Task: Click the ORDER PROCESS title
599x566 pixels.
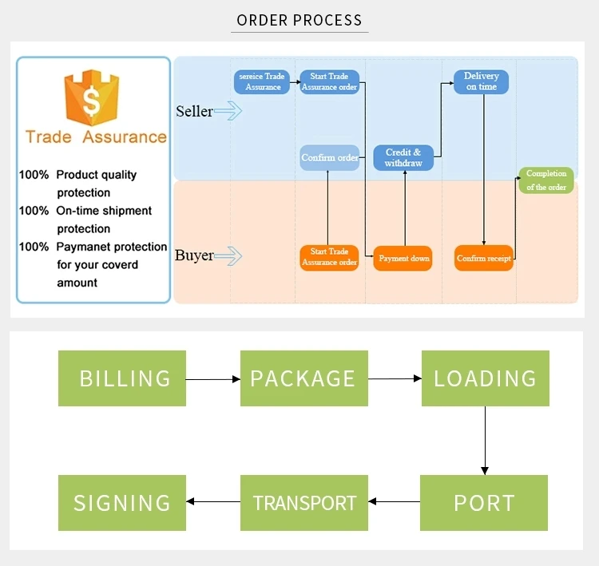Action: pos(299,21)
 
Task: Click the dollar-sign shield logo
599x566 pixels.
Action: pos(92,100)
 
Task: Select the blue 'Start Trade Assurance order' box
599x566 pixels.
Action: pos(329,81)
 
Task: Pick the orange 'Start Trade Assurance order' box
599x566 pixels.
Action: pos(329,257)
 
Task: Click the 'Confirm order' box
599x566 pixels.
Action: pos(329,158)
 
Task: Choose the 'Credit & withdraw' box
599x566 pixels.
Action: pos(403,158)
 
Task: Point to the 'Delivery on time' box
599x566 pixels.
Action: pos(482,81)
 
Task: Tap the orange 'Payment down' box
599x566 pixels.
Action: pos(403,259)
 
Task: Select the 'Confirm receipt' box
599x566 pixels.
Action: pos(484,259)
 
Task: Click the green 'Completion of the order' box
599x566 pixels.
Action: pos(546,180)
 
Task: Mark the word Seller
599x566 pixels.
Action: pos(194,112)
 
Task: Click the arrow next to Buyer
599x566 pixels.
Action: pos(228,256)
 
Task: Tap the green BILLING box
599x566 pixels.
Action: pos(122,378)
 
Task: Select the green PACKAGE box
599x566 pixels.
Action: pos(304,378)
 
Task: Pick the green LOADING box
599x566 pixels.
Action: pos(485,378)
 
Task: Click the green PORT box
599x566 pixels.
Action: pos(485,503)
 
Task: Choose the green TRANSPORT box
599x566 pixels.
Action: pos(304,503)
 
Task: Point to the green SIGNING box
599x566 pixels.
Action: pos(122,503)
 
